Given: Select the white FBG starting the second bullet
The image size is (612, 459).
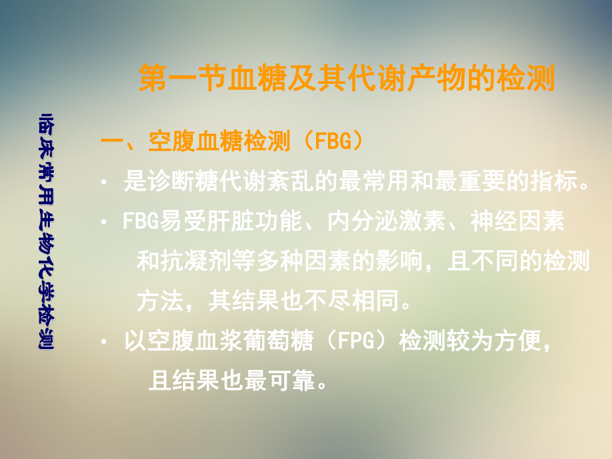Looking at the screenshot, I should pos(139,222).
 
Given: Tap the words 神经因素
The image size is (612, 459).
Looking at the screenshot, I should pos(517,222).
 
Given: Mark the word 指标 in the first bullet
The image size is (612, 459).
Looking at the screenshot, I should pos(556,182).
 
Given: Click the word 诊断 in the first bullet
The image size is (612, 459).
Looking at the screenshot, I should pos(165,182).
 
